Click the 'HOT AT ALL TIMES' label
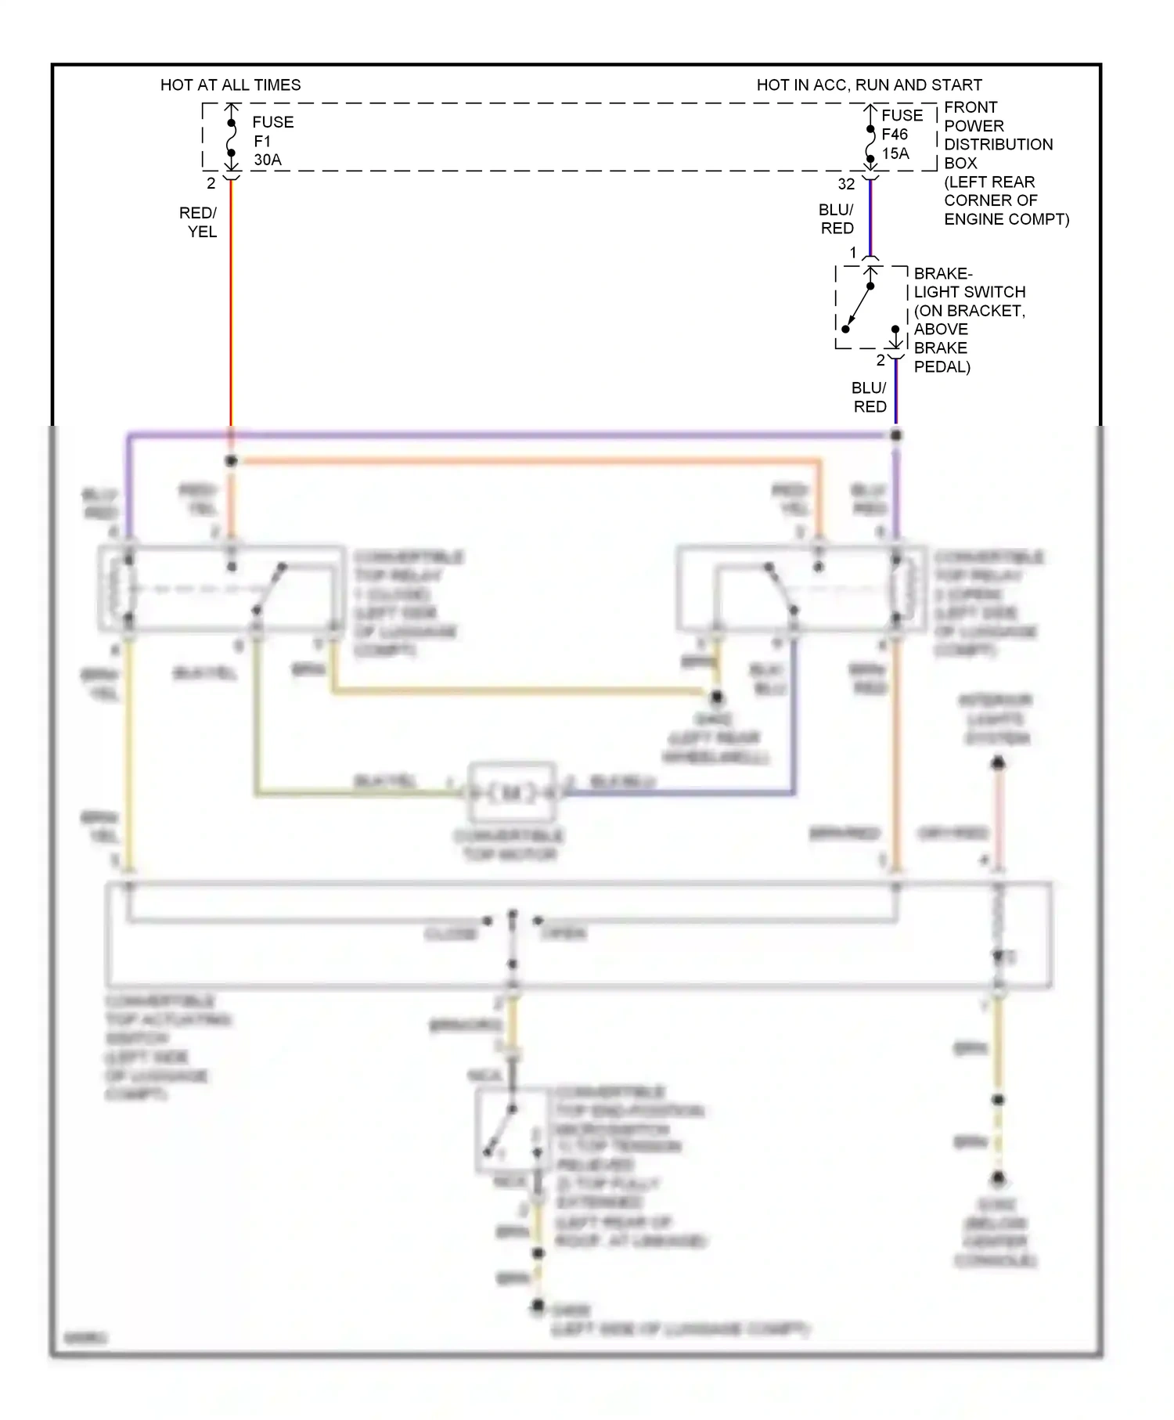(230, 85)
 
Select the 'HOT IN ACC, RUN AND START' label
(869, 85)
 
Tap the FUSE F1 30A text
(272, 141)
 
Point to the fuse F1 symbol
(232, 138)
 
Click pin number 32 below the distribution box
(846, 184)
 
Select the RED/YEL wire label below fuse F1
(198, 222)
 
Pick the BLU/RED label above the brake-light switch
(836, 219)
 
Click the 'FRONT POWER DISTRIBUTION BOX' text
(997, 135)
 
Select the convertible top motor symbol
(512, 793)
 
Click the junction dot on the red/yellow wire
(232, 461)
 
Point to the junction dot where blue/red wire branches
(896, 435)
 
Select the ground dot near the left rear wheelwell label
(716, 697)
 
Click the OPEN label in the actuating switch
(564, 933)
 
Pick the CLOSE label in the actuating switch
(451, 934)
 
